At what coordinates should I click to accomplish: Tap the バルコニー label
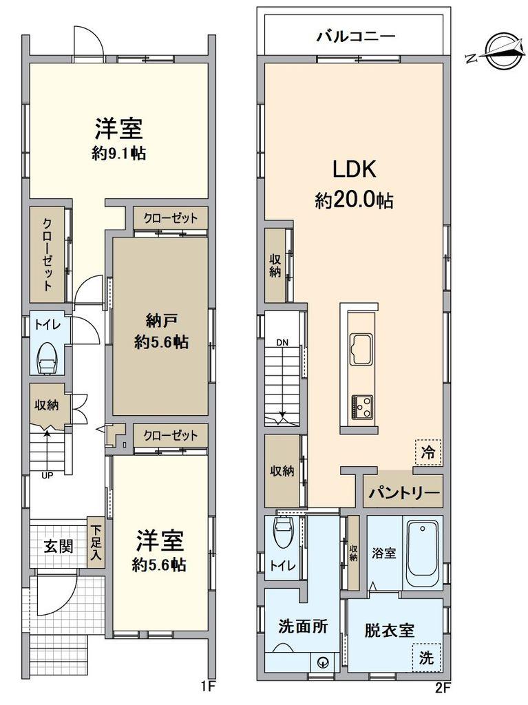[x=355, y=35]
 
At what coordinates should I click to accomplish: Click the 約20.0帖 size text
[x=354, y=200]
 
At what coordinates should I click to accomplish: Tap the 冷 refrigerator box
[x=428, y=452]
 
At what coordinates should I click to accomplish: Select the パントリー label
[x=403, y=493]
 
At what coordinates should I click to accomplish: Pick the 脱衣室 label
[x=389, y=629]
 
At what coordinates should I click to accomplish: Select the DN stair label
[x=282, y=341]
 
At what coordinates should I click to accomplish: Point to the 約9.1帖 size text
[x=118, y=154]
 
